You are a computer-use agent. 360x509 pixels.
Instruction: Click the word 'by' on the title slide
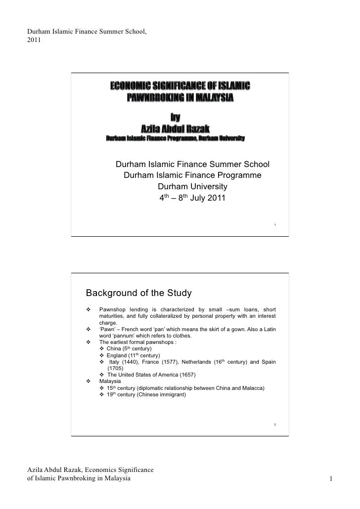176,118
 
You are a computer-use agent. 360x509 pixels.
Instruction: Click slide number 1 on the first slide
274,226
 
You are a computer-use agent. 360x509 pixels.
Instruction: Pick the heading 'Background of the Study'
138,293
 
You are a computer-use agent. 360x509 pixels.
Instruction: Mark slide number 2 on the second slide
274,425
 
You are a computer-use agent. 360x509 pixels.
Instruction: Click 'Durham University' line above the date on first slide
192,187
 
